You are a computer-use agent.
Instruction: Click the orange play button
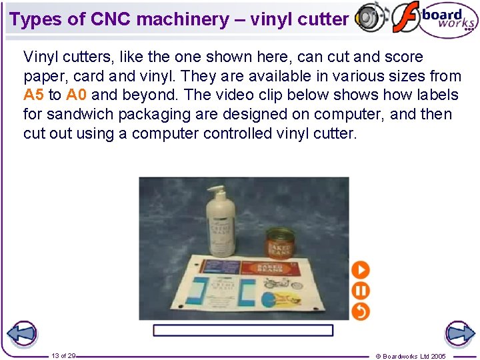click(360, 270)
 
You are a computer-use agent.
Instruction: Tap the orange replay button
click(360, 311)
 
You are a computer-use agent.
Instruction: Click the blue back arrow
click(21, 333)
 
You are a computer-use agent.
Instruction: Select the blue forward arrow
click(459, 333)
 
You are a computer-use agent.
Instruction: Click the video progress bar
click(243, 330)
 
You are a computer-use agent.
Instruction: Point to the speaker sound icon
click(370, 17)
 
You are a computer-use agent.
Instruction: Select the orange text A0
click(77, 95)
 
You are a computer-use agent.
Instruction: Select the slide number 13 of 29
click(63, 356)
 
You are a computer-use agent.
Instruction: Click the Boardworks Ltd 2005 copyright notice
click(411, 356)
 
